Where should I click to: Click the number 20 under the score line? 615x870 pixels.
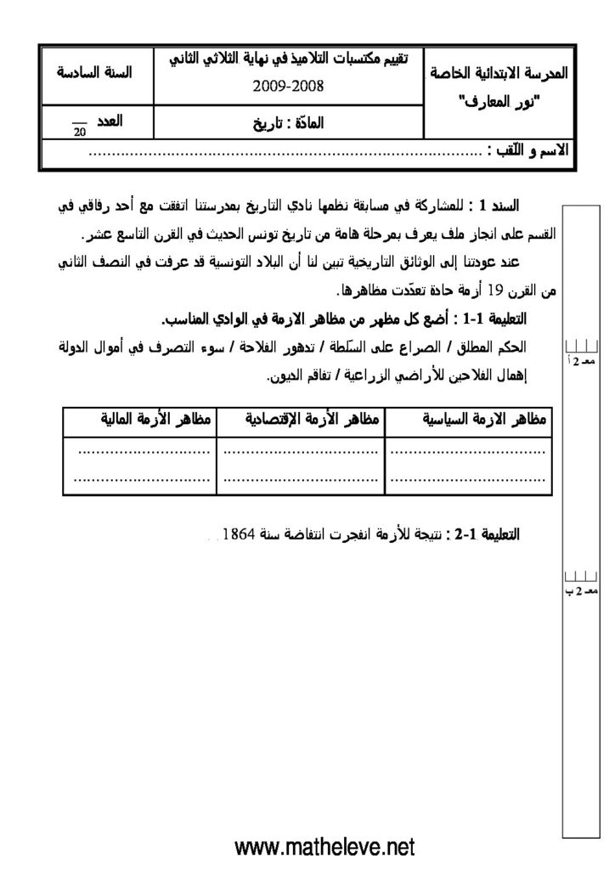click(x=80, y=132)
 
